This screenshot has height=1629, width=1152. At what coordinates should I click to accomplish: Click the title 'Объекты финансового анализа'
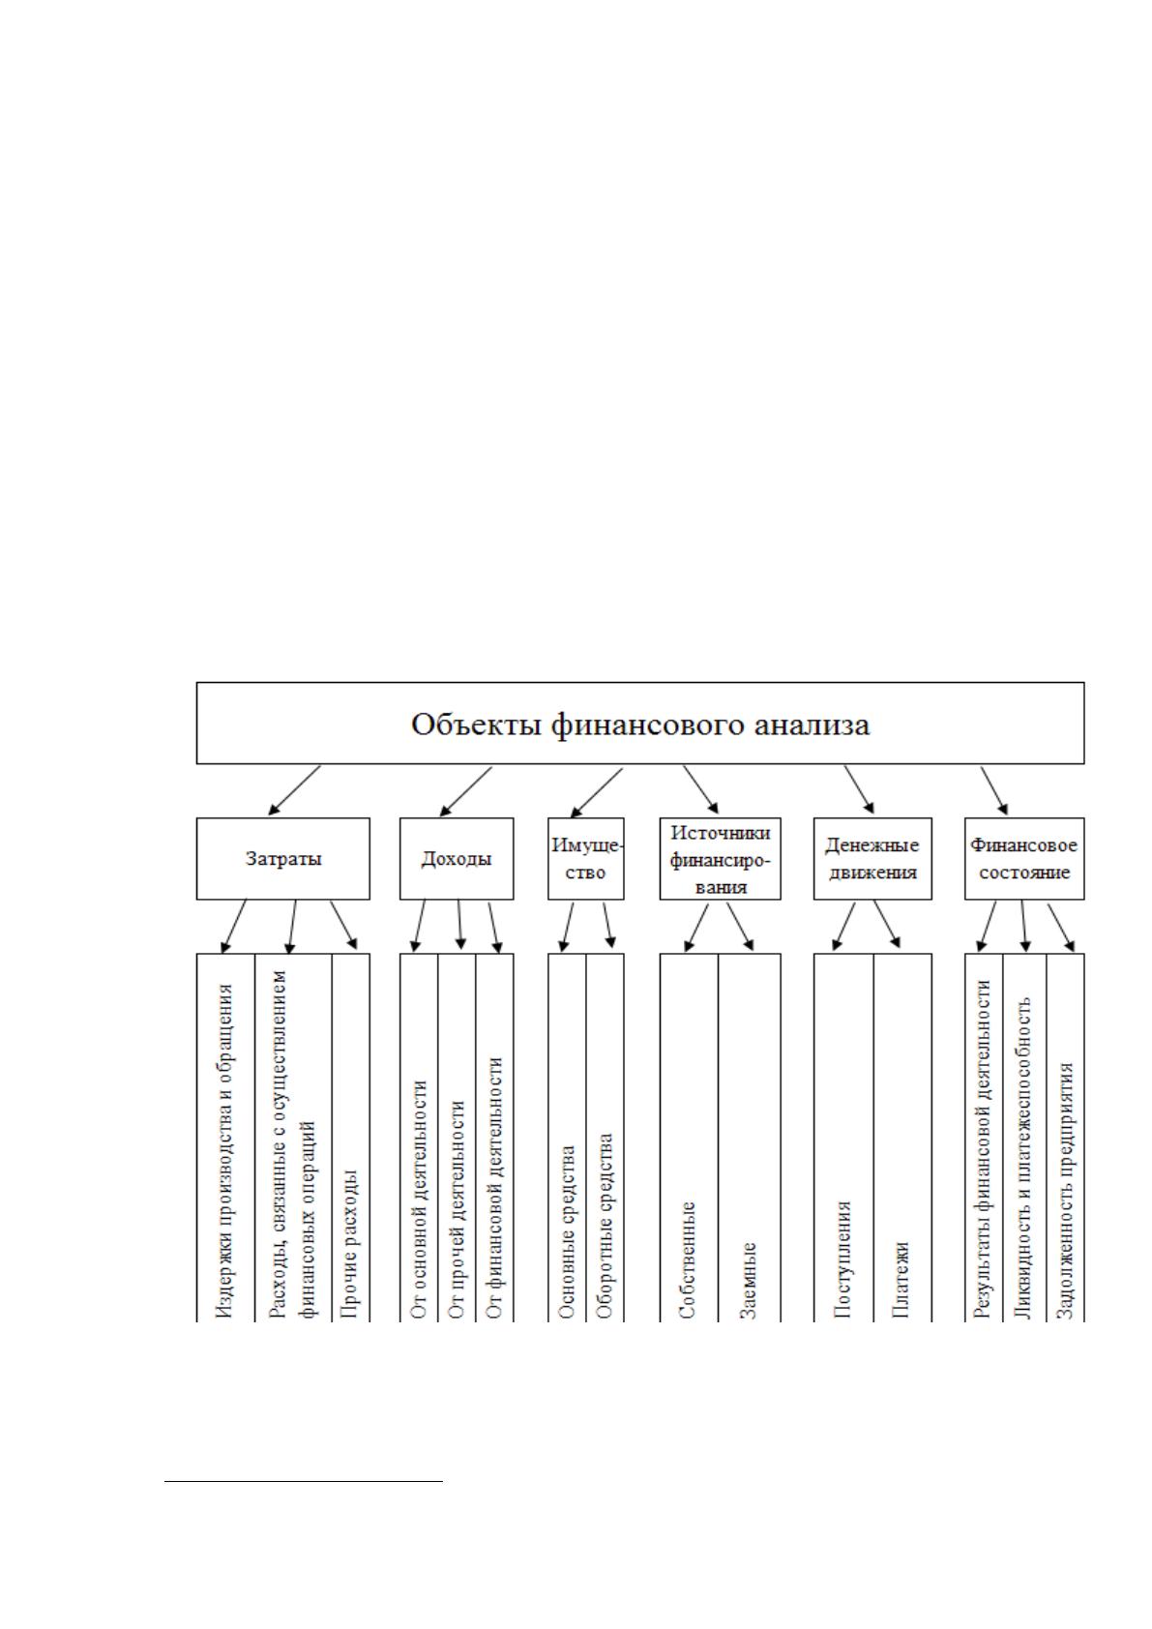[640, 726]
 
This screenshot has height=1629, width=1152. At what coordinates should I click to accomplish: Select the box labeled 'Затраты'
[282, 858]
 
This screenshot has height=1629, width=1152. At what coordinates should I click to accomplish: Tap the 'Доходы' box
[457, 858]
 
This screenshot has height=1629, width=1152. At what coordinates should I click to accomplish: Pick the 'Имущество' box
[586, 858]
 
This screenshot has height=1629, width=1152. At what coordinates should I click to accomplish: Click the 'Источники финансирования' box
[720, 858]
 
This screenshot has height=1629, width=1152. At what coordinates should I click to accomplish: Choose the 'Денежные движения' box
[872, 858]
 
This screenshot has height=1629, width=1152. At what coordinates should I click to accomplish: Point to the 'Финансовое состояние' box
[1024, 858]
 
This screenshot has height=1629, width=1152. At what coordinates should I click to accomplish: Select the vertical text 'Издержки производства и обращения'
[224, 1150]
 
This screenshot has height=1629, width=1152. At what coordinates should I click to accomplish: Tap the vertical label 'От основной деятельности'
[418, 1200]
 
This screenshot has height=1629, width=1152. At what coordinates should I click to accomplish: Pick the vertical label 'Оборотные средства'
[605, 1227]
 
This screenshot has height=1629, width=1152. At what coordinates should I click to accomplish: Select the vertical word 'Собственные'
[688, 1259]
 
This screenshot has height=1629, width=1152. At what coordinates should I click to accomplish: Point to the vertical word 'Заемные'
[749, 1280]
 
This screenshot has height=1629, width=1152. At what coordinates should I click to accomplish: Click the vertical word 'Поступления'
[842, 1259]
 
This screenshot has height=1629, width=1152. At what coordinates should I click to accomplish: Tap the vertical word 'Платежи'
[901, 1280]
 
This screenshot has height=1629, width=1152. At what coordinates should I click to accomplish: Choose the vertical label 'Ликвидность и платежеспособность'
[1023, 1157]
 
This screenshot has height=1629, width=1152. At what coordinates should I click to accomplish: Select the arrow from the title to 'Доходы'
[466, 791]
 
